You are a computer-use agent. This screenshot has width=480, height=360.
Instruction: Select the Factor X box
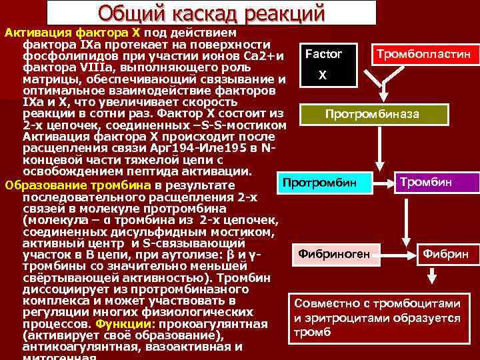tap(323, 64)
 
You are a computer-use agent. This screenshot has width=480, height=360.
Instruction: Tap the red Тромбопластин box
tap(425, 53)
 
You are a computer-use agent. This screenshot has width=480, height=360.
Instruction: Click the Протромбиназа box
tap(372, 114)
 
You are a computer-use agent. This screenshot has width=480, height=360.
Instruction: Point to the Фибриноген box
tap(339, 253)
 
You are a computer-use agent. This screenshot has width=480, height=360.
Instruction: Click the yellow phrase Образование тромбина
tap(78, 185)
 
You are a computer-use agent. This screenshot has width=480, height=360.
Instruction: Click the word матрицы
tap(50, 79)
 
